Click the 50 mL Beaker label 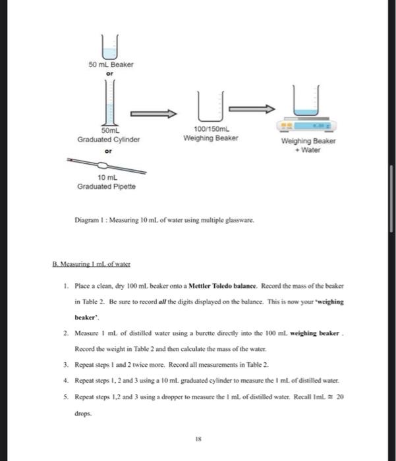(x=111, y=65)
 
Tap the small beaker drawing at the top (x=111, y=46)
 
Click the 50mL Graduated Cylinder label (x=110, y=136)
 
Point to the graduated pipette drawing (x=105, y=165)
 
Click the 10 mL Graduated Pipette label (x=107, y=182)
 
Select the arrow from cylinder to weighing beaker (x=154, y=113)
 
